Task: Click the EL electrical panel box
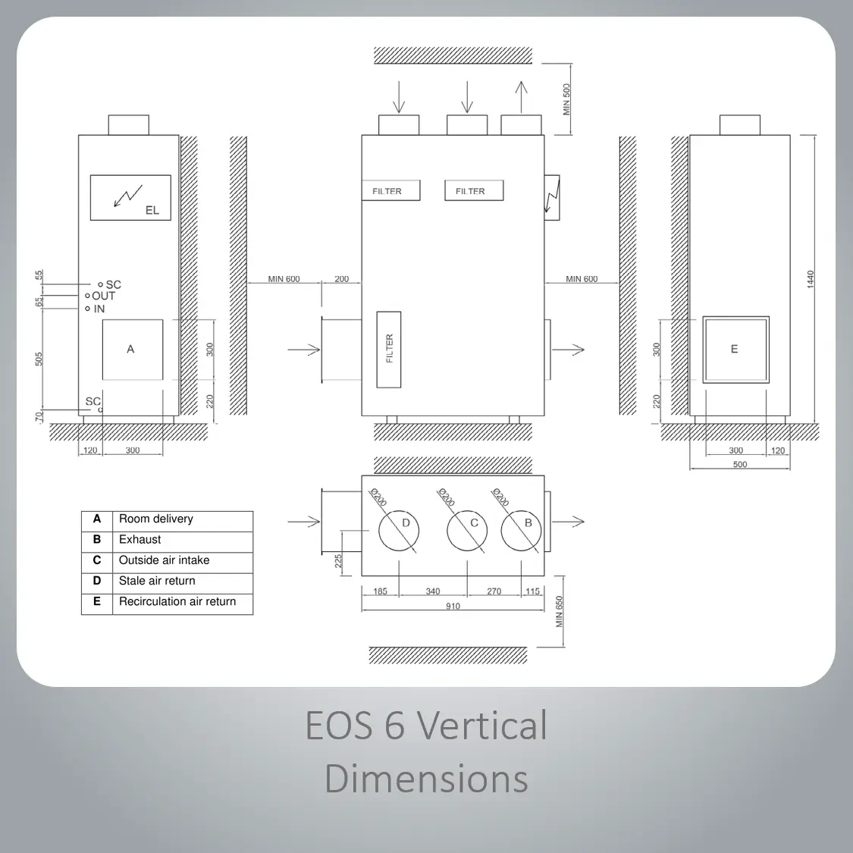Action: tap(130, 197)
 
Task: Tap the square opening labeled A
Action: tap(133, 350)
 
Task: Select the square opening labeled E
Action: tap(736, 350)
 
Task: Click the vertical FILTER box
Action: tap(389, 350)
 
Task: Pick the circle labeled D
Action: tap(399, 531)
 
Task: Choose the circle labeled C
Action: tap(467, 531)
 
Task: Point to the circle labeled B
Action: tap(521, 531)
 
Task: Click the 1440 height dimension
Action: tap(811, 279)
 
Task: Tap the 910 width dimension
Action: tap(453, 606)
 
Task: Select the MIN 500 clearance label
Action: tap(566, 99)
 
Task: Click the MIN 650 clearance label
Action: tap(560, 611)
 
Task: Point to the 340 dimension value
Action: tap(433, 591)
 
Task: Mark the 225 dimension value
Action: tap(338, 561)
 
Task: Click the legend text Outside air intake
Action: tap(165, 560)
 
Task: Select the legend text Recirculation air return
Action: tap(177, 602)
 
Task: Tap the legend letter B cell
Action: tap(97, 540)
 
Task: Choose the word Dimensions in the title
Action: tap(426, 779)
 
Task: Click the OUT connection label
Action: tap(103, 296)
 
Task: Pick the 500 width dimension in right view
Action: tap(740, 465)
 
